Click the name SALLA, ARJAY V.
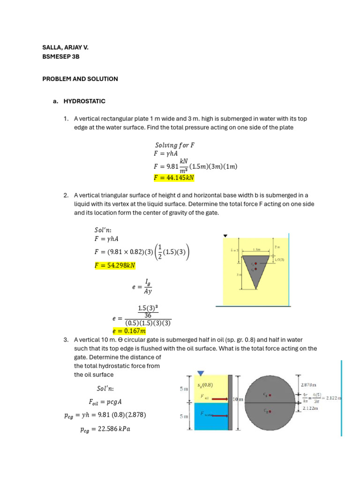tap(65, 48)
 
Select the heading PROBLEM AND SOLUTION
tap(80, 79)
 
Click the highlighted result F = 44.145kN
tap(174, 178)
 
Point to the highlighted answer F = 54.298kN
tap(115, 265)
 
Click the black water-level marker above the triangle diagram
tap(225, 236)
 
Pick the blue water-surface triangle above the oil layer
tap(201, 373)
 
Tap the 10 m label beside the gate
tap(238, 399)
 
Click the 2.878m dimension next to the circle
tap(308, 385)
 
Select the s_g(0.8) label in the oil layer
tap(205, 385)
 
